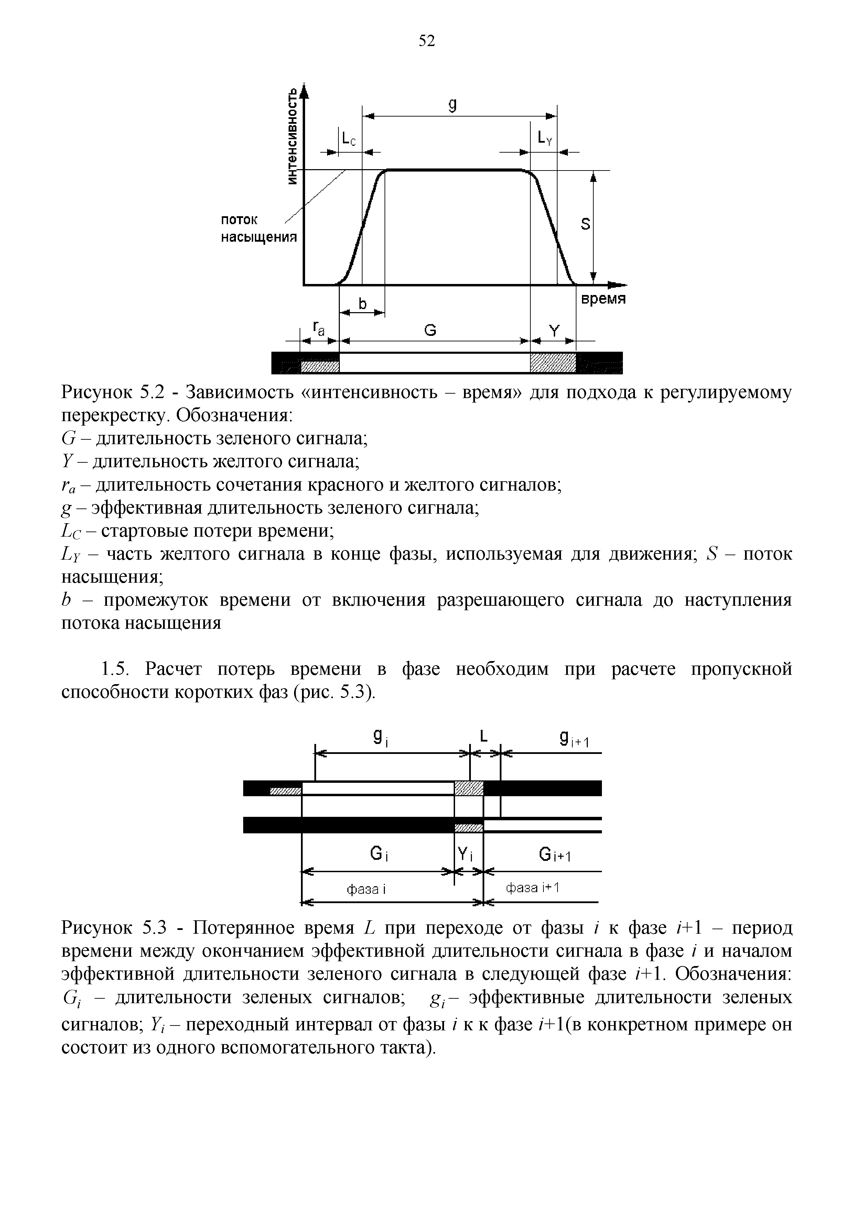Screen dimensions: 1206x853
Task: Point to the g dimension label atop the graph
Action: click(x=452, y=105)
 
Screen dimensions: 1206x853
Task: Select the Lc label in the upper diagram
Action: click(x=348, y=139)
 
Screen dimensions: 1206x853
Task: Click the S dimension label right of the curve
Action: click(x=585, y=225)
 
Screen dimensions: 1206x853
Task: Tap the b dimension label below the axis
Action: click(x=362, y=303)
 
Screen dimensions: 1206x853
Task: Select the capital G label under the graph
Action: click(x=430, y=330)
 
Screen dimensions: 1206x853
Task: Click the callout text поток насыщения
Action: click(x=258, y=229)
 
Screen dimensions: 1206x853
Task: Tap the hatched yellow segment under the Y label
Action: click(x=553, y=362)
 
